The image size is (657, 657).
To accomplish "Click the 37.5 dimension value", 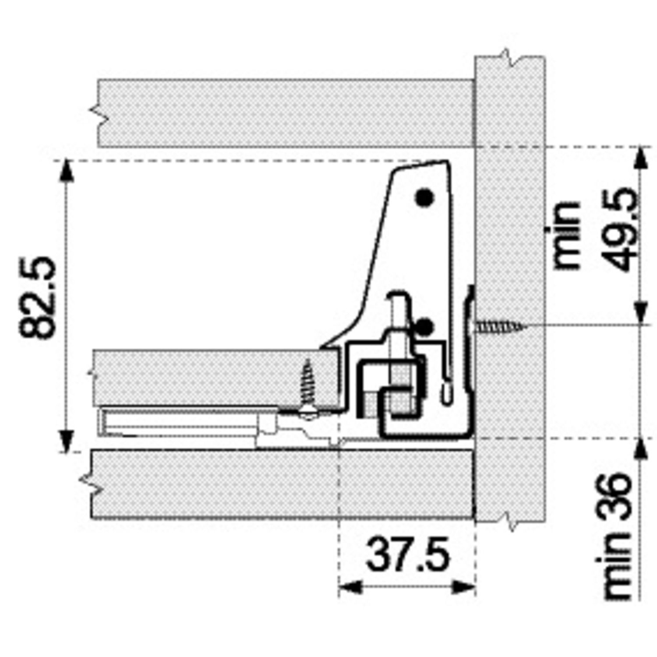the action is tap(408, 555).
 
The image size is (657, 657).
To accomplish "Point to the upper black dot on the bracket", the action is tap(424, 198).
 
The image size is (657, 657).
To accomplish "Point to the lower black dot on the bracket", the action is tap(424, 326).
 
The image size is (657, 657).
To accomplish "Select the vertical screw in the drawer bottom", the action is tap(308, 385).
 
